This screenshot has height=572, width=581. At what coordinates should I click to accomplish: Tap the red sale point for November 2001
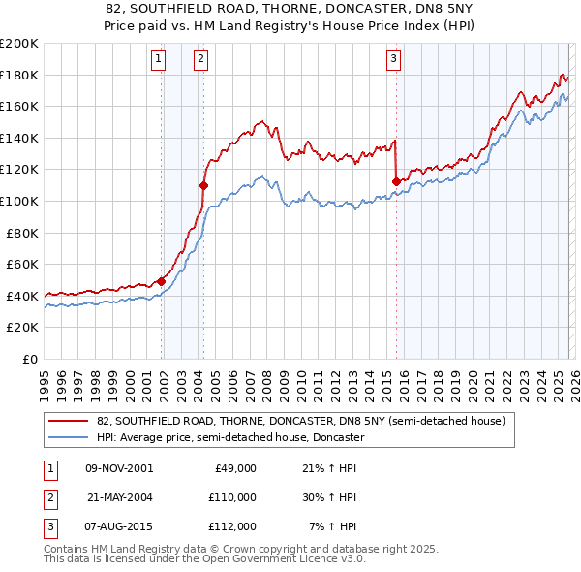[161, 281]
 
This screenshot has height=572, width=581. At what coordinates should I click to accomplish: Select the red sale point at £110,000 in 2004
[204, 184]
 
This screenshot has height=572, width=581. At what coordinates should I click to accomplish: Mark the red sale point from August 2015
[396, 181]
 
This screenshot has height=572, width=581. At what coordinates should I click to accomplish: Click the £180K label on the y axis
[19, 75]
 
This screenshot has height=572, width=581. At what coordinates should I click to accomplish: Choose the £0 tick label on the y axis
[29, 359]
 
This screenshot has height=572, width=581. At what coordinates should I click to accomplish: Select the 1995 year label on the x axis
[45, 380]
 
